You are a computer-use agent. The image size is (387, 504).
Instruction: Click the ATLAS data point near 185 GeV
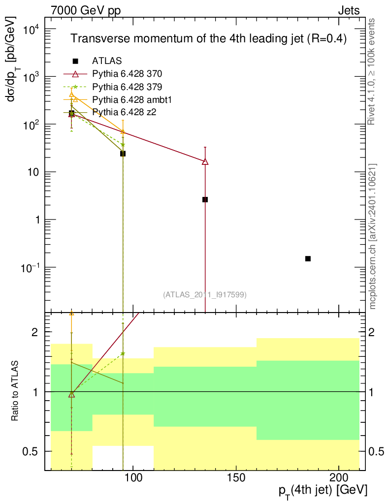tap(308, 258)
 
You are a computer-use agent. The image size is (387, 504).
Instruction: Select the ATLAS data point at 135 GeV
tap(205, 199)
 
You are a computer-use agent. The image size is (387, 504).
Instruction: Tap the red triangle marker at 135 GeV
tap(205, 161)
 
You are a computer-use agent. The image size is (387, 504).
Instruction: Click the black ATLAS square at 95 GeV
tap(123, 154)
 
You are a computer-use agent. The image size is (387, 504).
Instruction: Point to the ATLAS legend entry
tap(106, 61)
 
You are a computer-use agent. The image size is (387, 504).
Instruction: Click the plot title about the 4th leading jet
tap(209, 39)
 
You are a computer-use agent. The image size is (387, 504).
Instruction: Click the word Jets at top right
tap(348, 10)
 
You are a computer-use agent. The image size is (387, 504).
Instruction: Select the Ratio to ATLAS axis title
tap(16, 391)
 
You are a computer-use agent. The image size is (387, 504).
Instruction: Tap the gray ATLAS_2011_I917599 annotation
tap(205, 294)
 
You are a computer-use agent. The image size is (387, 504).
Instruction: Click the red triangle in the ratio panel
tap(72, 394)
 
